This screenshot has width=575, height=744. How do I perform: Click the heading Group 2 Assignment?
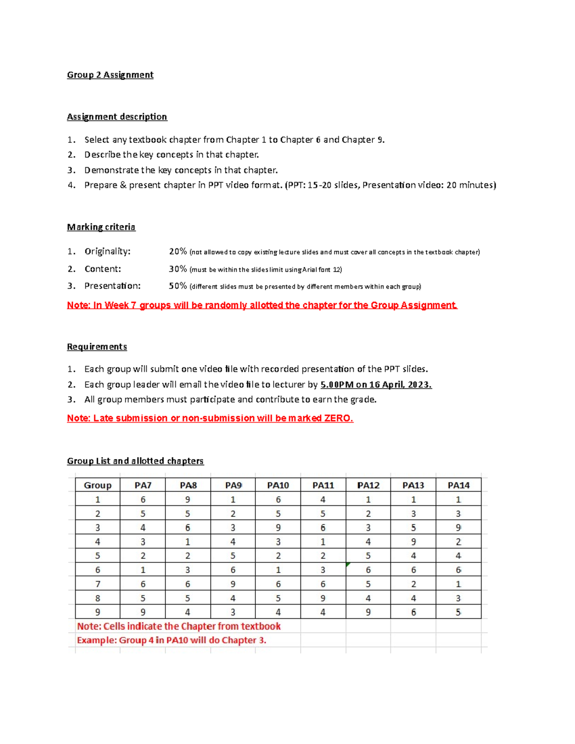tap(110, 75)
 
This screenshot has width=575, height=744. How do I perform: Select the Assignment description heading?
tap(117, 117)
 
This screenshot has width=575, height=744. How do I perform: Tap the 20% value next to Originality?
tap(178, 252)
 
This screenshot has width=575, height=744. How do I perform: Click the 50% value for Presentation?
tap(178, 286)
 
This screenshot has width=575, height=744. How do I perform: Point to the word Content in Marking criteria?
tap(103, 269)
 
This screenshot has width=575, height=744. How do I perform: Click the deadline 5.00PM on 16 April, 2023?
tap(376, 384)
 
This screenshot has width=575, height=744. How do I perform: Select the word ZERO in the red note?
tap(338, 418)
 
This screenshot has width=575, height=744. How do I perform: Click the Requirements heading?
tap(97, 347)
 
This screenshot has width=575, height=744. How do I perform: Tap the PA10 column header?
tap(278, 485)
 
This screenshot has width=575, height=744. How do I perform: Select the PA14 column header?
tap(459, 485)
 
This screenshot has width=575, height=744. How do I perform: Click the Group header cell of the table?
tap(98, 485)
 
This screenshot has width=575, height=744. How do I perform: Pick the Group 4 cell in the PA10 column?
tap(278, 542)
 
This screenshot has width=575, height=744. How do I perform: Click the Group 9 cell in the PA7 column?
tap(143, 612)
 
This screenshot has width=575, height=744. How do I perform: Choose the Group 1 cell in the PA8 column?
tap(188, 500)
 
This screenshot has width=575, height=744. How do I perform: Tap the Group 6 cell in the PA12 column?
tap(368, 570)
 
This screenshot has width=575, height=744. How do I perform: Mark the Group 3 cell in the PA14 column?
tap(459, 528)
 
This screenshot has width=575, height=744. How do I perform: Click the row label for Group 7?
tap(98, 584)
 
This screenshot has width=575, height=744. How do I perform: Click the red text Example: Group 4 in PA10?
tap(171, 641)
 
